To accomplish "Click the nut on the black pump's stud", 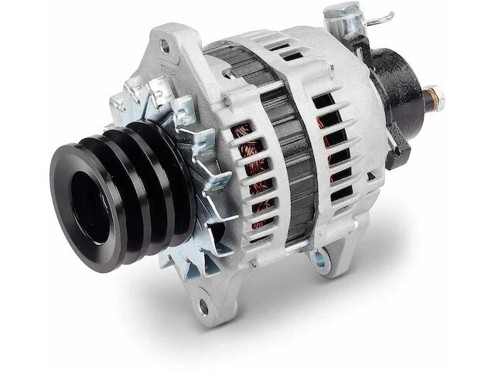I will pos(444,98).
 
